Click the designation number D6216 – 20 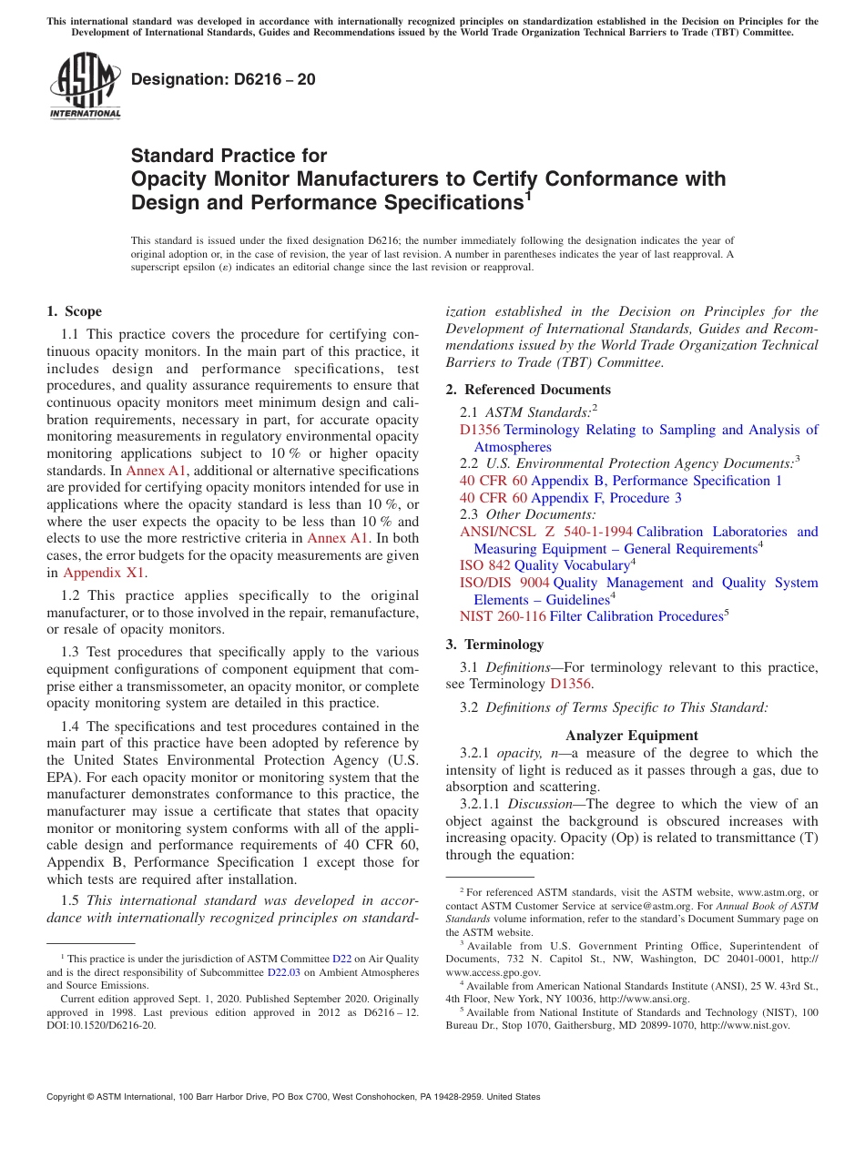(x=223, y=79)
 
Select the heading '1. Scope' (x=74, y=311)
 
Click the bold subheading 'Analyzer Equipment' (x=631, y=736)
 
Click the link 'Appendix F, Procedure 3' (x=605, y=498)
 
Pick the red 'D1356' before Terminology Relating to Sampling (x=479, y=430)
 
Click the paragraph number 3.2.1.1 (x=480, y=804)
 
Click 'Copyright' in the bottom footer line (x=66, y=1097)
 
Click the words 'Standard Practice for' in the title (x=229, y=156)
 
